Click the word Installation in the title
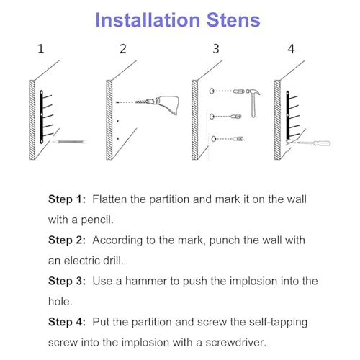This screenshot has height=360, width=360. (148, 20)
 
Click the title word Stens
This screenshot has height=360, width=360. (233, 20)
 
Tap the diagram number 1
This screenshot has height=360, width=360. (41, 49)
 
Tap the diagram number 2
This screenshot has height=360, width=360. (123, 49)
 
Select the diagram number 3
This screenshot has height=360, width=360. (216, 49)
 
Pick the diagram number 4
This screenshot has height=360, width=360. (291, 49)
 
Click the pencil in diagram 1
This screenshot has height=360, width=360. (69, 142)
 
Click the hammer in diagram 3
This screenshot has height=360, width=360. (253, 102)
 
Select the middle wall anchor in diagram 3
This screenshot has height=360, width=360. (236, 117)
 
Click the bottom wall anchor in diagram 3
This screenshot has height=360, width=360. (238, 139)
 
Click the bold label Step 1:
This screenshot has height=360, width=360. (67, 199)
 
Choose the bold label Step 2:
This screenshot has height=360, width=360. (67, 240)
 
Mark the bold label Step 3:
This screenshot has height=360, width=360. (67, 281)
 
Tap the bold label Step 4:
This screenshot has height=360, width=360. (67, 322)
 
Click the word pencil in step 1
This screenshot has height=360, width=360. (97, 220)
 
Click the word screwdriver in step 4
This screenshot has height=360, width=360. (235, 343)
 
